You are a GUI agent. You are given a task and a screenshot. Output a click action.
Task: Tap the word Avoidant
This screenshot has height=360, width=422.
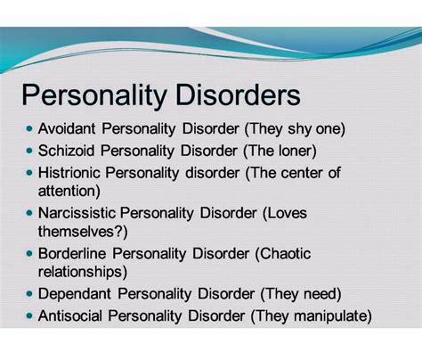[x=69, y=128]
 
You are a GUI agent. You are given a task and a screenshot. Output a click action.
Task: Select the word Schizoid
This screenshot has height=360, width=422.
[x=69, y=150]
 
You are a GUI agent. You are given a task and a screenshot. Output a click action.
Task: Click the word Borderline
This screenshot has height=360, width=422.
[x=73, y=253]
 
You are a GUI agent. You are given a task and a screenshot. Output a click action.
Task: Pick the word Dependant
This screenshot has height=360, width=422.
[x=75, y=293]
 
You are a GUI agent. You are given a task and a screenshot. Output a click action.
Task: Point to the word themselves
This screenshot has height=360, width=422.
[x=78, y=230]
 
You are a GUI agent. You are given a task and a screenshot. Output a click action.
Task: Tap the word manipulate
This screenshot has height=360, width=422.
[x=329, y=315]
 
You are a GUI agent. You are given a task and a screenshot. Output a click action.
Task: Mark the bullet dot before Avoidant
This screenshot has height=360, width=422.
[x=30, y=128]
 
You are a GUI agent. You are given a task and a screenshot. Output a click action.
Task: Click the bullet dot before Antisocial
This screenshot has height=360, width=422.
[x=30, y=315]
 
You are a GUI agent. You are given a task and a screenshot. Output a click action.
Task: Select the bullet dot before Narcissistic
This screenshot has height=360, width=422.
[x=30, y=213]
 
